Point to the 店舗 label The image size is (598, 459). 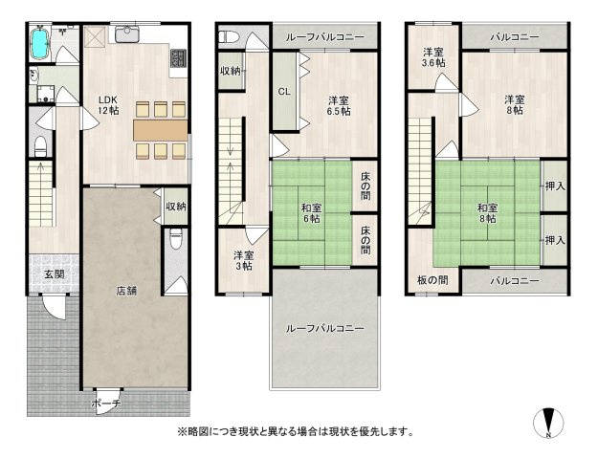[x=126, y=290]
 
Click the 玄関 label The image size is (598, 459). [x=53, y=274]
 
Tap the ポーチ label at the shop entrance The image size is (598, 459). [x=106, y=404]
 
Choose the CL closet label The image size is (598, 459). [x=284, y=93]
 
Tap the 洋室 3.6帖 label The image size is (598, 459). [x=433, y=57]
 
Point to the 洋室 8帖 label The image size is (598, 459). [x=514, y=104]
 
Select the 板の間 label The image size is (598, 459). [x=432, y=280]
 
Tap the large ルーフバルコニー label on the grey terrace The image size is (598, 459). [x=325, y=328]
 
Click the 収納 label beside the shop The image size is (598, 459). [x=175, y=207]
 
